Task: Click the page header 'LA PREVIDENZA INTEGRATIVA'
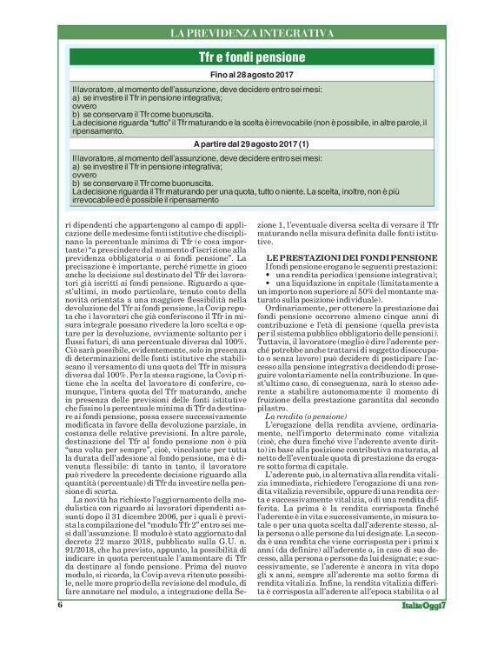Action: point(251,33)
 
